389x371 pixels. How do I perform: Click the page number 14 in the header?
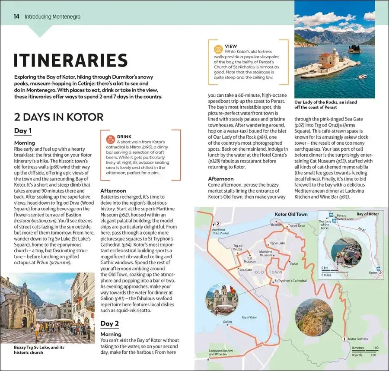pyautogui.click(x=16, y=16)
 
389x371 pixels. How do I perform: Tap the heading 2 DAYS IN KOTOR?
pyautogui.click(x=59, y=117)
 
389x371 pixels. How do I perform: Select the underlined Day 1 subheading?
pyautogui.click(x=23, y=131)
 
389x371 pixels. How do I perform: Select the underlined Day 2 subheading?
pyautogui.click(x=109, y=323)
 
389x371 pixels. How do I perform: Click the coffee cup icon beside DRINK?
pyautogui.click(x=111, y=139)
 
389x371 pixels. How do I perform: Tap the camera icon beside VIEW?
pyautogui.click(x=218, y=49)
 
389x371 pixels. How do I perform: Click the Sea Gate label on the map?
pyautogui.click(x=246, y=270)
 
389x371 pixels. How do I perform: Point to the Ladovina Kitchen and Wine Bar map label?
pyautogui.click(x=220, y=352)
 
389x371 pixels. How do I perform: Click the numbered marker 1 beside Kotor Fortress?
pyautogui.click(x=344, y=339)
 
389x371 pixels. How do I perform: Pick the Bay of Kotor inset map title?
pyautogui.click(x=367, y=214)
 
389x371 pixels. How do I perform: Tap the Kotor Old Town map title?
pyautogui.click(x=291, y=214)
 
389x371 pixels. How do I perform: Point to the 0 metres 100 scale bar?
pyautogui.click(x=365, y=348)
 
